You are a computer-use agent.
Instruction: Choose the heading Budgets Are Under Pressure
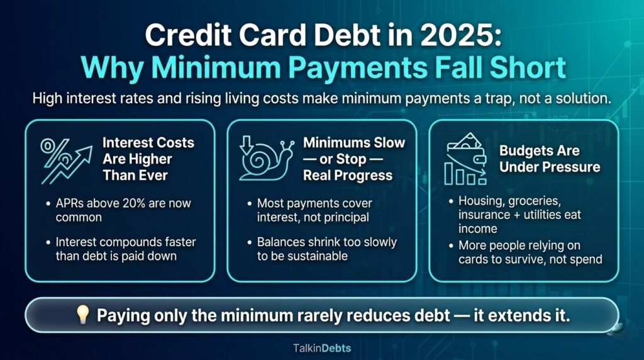[x=550, y=159]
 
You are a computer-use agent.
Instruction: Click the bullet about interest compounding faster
[x=123, y=248]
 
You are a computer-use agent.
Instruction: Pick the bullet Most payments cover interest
[x=314, y=210]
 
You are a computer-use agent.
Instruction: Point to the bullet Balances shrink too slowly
[x=326, y=248]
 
